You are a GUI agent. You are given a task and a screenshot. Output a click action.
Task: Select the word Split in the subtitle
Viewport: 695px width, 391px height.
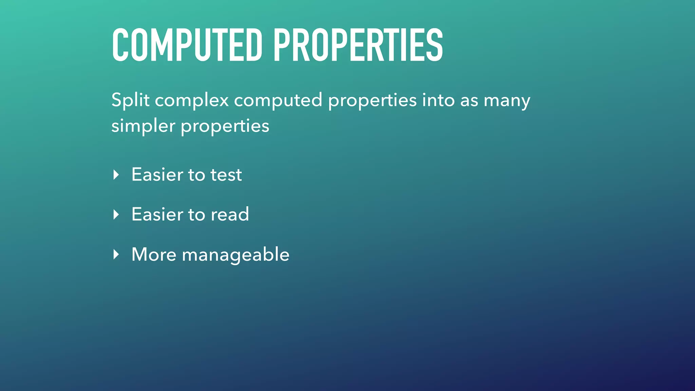coord(130,100)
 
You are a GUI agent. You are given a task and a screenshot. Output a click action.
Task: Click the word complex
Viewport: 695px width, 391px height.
coord(192,101)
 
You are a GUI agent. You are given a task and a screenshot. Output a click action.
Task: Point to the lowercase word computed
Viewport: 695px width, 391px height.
coord(278,101)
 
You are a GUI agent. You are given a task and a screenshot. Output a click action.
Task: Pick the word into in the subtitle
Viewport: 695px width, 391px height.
coord(438,100)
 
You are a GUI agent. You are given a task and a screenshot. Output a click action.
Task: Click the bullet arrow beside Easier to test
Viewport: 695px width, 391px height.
coord(116,175)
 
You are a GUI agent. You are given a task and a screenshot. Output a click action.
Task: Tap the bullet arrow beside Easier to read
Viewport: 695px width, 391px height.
coord(116,215)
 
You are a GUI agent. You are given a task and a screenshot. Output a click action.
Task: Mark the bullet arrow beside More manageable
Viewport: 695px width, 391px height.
coord(116,254)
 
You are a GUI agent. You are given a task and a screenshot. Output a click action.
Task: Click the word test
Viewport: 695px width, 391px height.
coord(226,175)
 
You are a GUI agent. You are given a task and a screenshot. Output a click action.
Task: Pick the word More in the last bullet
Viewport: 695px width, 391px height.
coord(154,254)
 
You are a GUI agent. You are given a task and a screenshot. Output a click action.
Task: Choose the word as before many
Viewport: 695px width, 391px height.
coord(469,101)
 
